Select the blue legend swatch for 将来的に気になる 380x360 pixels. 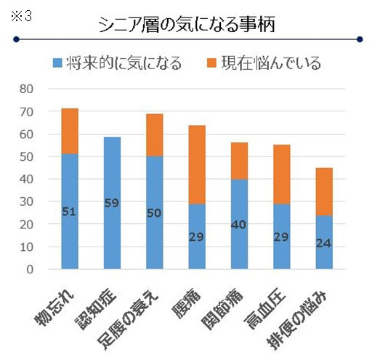[x=58, y=63]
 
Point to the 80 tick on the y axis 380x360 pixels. [x=26, y=89]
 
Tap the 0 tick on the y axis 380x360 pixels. [x=30, y=269]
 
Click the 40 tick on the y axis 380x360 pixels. [x=26, y=179]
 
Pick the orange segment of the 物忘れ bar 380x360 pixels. [x=70, y=131]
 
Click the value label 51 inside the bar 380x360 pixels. [x=70, y=212]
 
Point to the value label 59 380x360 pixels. [x=113, y=203]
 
